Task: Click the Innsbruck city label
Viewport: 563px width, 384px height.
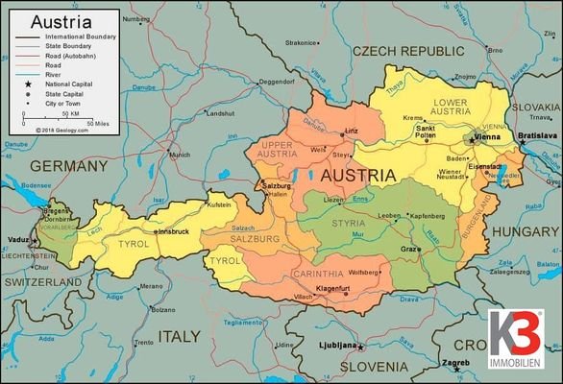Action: coord(178,231)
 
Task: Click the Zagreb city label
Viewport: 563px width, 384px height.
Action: coord(454,364)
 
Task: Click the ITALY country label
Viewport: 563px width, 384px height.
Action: coord(180,337)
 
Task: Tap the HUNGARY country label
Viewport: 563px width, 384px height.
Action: coord(525,231)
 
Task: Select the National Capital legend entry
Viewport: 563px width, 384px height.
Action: coord(70,85)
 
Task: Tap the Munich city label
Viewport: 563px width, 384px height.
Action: coord(179,154)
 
